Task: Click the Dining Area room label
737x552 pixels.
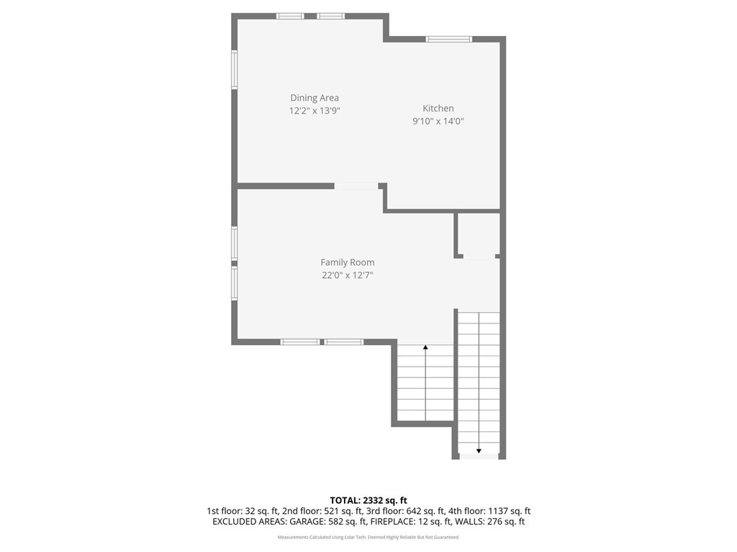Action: pyautogui.click(x=315, y=98)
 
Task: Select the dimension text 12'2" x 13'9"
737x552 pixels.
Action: pyautogui.click(x=315, y=111)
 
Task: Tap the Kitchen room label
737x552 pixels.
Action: pyautogui.click(x=438, y=108)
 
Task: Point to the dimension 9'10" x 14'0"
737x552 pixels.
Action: pyautogui.click(x=438, y=121)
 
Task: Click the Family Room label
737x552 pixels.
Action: pyautogui.click(x=348, y=262)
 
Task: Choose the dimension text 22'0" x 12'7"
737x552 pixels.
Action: pyautogui.click(x=348, y=275)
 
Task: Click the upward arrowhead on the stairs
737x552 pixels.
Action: pyautogui.click(x=425, y=347)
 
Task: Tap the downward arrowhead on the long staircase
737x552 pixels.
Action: pyautogui.click(x=479, y=451)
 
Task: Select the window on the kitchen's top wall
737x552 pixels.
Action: pyautogui.click(x=448, y=39)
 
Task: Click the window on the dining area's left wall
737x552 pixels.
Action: pyautogui.click(x=234, y=70)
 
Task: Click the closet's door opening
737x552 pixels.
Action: pyautogui.click(x=479, y=257)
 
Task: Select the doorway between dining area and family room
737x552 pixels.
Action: pyautogui.click(x=356, y=186)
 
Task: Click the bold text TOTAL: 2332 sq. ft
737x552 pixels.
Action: pyautogui.click(x=368, y=500)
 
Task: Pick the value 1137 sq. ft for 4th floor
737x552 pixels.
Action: pyautogui.click(x=509, y=511)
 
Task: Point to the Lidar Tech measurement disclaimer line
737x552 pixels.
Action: pyautogui.click(x=368, y=537)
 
